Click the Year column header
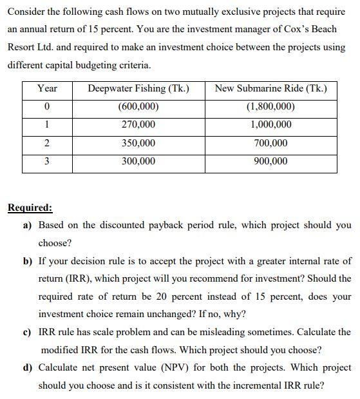(x=47, y=88)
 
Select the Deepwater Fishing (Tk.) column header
(x=138, y=88)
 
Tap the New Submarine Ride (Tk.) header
(x=270, y=88)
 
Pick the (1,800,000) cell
(x=270, y=106)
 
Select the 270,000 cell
(x=138, y=124)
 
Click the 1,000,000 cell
(x=270, y=124)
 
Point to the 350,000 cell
(x=138, y=143)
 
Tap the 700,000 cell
(x=270, y=143)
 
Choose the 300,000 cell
(x=138, y=161)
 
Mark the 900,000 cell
(x=270, y=161)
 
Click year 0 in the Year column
(x=47, y=106)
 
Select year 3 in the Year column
(x=47, y=161)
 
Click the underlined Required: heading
(x=30, y=208)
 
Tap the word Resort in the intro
(x=21, y=48)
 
